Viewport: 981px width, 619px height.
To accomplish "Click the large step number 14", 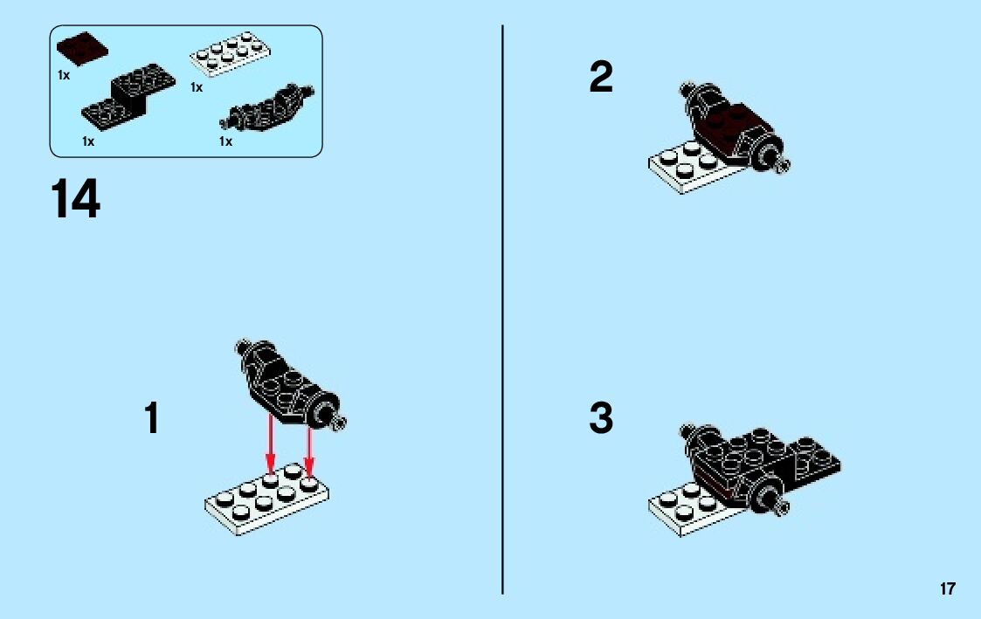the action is point(75,199).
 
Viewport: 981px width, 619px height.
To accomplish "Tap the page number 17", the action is point(947,588).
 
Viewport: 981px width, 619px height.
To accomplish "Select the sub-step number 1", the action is point(152,417).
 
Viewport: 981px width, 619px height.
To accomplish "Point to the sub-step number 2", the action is point(601,77).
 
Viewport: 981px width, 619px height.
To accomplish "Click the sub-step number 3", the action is point(601,417).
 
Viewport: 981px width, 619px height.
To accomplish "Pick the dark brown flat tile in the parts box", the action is point(82,49).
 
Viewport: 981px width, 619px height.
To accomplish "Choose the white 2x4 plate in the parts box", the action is point(230,54).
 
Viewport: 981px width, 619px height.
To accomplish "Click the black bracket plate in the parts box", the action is point(128,97).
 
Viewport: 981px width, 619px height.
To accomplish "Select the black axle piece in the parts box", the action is point(267,107).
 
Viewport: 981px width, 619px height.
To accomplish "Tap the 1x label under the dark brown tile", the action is point(64,75).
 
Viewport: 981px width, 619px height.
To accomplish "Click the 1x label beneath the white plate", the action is point(197,87).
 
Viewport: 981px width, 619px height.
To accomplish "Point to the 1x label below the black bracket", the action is point(88,142).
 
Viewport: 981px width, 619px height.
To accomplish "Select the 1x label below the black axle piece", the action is point(226,142).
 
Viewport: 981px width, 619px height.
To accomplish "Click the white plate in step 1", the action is point(267,499).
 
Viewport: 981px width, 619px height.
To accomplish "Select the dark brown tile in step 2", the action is point(726,131).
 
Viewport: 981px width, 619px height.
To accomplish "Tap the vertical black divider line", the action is point(502,309).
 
